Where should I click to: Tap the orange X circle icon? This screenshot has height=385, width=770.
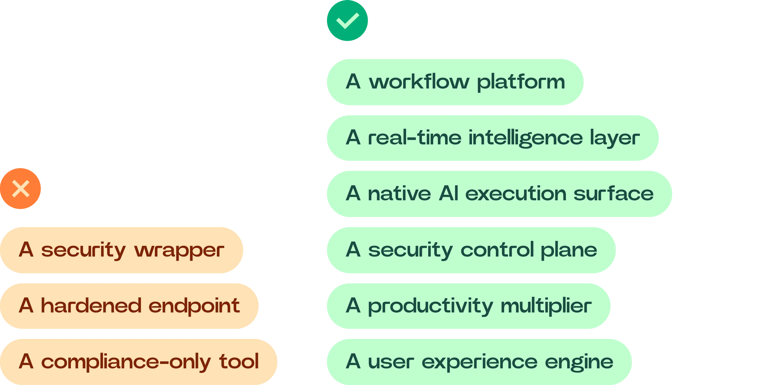coord(21,188)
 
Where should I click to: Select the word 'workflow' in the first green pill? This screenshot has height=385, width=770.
coord(419,82)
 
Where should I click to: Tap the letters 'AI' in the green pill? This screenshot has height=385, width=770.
coord(448,194)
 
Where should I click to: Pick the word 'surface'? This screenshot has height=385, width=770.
coord(614,194)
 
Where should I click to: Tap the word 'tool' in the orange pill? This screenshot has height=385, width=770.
coord(239,361)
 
